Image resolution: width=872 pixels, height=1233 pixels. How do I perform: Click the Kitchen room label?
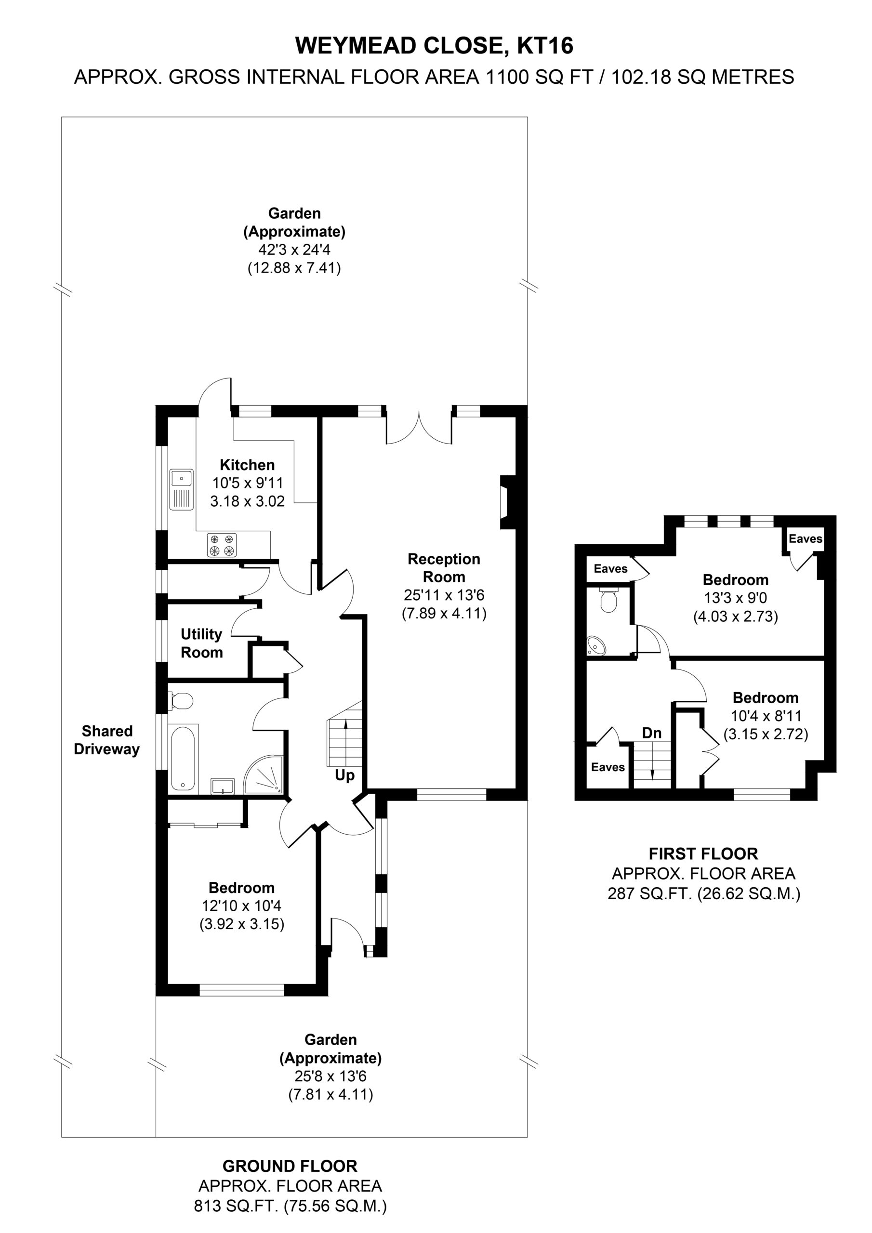[247, 465]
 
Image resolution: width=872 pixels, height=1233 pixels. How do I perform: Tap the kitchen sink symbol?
[182, 489]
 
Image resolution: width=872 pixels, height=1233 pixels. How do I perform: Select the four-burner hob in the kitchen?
[222, 545]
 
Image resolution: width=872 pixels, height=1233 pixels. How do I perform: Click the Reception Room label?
[444, 568]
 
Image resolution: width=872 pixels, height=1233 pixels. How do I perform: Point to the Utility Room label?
[201, 643]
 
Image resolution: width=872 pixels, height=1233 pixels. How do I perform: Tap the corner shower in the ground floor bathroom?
[263, 774]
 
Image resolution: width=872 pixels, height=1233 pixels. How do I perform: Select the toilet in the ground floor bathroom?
[180, 701]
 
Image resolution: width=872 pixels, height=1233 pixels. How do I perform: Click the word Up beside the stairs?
[344, 775]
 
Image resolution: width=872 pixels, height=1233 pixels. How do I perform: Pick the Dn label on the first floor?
[652, 733]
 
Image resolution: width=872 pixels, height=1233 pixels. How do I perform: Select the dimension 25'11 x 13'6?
[444, 595]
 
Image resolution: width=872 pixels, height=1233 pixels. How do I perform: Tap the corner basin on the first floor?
[596, 646]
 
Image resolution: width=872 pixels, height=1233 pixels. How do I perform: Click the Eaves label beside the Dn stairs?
[608, 767]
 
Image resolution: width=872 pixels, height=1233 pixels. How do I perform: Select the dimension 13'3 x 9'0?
[736, 598]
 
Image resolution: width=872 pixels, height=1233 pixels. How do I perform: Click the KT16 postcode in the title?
[545, 46]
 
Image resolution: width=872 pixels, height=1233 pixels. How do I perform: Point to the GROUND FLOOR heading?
[290, 1166]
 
